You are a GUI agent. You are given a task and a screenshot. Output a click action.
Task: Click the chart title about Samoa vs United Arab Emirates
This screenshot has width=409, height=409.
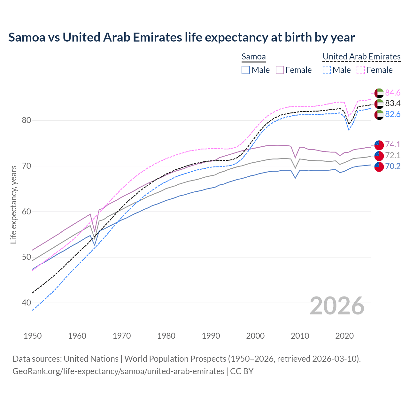[181, 37]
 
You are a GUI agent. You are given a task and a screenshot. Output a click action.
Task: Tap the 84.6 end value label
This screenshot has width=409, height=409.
[393, 93]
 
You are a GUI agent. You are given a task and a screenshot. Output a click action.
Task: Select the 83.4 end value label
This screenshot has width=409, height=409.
[393, 103]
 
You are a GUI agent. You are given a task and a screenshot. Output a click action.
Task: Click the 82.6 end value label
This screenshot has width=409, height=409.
[393, 114]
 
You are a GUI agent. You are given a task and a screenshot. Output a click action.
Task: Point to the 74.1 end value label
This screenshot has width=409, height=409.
[393, 144]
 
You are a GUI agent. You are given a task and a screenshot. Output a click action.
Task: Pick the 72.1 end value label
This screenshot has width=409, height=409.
[393, 155]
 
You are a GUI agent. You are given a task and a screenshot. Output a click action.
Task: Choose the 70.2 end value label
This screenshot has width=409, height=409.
[393, 166]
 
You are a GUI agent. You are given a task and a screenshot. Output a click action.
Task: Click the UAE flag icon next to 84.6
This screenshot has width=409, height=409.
[379, 93]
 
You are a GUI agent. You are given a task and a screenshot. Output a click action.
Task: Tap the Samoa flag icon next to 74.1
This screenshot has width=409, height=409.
[379, 145]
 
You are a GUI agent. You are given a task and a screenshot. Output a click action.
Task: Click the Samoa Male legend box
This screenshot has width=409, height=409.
[246, 70]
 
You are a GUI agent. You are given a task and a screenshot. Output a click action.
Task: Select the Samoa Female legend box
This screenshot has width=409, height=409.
[280, 70]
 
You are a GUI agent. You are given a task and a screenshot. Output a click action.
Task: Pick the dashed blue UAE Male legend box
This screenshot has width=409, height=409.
[327, 70]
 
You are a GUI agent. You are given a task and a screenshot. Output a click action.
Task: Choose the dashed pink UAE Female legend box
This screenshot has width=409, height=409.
[361, 70]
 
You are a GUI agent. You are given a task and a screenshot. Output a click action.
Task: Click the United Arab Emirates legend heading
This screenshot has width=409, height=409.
[361, 57]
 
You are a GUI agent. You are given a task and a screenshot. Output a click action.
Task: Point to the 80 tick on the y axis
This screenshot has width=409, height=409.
[27, 120]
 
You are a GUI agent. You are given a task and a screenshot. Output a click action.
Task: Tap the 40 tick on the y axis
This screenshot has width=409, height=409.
[27, 303]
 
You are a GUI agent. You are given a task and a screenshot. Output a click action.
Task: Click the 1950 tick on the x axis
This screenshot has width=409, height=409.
[33, 336]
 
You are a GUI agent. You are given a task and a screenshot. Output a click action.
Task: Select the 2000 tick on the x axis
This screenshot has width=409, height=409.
[255, 336]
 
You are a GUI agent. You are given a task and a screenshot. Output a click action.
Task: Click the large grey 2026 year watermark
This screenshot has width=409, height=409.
[337, 306]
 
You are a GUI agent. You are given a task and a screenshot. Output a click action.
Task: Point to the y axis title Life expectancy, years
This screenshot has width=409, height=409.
[14, 204]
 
